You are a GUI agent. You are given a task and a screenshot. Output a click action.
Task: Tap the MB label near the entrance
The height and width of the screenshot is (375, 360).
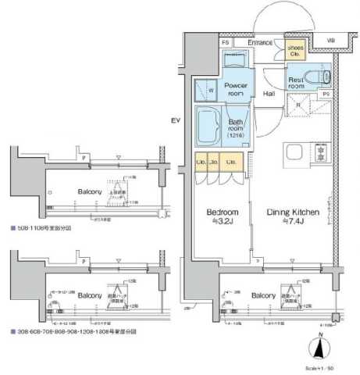[x=330, y=41]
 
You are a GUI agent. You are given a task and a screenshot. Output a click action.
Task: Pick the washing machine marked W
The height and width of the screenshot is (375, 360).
[x=211, y=90]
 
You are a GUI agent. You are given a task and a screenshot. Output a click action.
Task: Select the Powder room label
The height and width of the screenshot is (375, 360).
[x=235, y=89]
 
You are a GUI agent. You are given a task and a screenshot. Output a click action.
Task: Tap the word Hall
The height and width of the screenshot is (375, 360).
[x=269, y=95]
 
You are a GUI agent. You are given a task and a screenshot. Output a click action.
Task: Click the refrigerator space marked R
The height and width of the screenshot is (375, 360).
[x=298, y=104]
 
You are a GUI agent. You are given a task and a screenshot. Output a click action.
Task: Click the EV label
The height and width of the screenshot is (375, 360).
[x=176, y=120]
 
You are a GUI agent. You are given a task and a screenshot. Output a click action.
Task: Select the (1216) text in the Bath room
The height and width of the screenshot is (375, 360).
[x=236, y=137]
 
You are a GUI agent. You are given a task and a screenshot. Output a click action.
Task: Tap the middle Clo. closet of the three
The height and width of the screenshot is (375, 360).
[x=216, y=163]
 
